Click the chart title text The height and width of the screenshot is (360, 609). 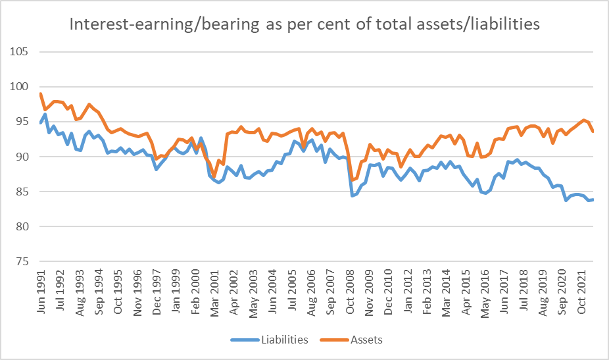click(304, 25)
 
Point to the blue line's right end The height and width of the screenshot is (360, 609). click(594, 199)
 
